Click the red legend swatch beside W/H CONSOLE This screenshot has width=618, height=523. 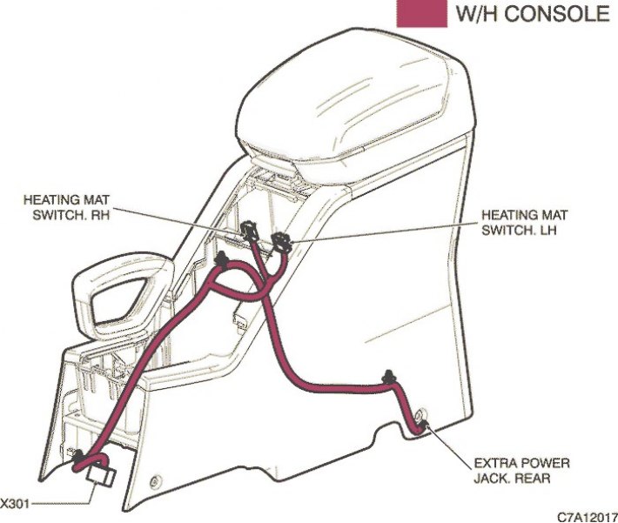pyautogui.click(x=421, y=13)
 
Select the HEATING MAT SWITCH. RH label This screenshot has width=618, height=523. pyautogui.click(x=66, y=207)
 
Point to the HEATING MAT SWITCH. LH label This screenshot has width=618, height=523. pyautogui.click(x=525, y=222)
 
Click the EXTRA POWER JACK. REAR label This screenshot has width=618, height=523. pyautogui.click(x=521, y=470)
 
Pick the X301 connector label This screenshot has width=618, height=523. pyautogui.click(x=14, y=504)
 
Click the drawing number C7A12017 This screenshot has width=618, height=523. pyautogui.click(x=588, y=517)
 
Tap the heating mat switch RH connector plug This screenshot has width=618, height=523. pyautogui.click(x=248, y=231)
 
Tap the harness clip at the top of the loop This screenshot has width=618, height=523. pyautogui.click(x=222, y=259)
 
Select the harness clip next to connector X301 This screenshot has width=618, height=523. pyautogui.click(x=77, y=456)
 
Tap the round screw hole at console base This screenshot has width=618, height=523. pyautogui.click(x=156, y=481)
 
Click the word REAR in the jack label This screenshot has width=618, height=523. pyautogui.click(x=532, y=478)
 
